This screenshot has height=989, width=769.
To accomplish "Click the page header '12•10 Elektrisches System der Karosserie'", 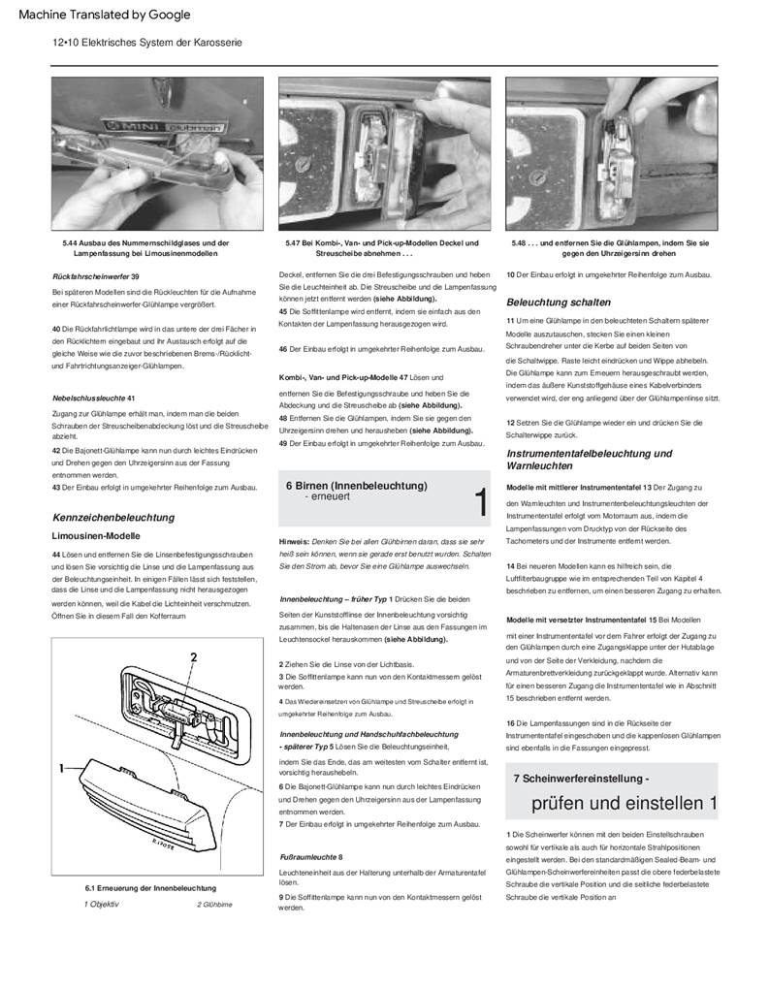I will tap(146, 44).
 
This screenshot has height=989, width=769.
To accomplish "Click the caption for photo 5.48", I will tap(610, 247).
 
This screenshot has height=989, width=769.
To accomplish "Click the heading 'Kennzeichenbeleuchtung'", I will tap(112, 517).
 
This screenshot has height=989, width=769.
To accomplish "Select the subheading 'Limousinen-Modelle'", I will tap(96, 535).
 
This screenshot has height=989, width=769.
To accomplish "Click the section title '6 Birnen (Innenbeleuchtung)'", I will tap(356, 485).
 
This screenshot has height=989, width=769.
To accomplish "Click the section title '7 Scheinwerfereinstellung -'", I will tap(581, 779).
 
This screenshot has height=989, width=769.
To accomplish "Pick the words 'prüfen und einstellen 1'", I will tap(624, 803).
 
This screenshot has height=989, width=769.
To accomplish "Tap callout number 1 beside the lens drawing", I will tap(60, 767).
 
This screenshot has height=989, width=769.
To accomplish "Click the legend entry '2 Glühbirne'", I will tap(214, 904).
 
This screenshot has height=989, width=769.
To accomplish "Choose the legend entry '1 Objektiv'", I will tap(101, 904).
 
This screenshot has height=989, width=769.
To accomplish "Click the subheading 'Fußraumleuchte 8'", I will tap(310, 857).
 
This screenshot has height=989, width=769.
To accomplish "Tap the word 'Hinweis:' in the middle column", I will tap(294, 539).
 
